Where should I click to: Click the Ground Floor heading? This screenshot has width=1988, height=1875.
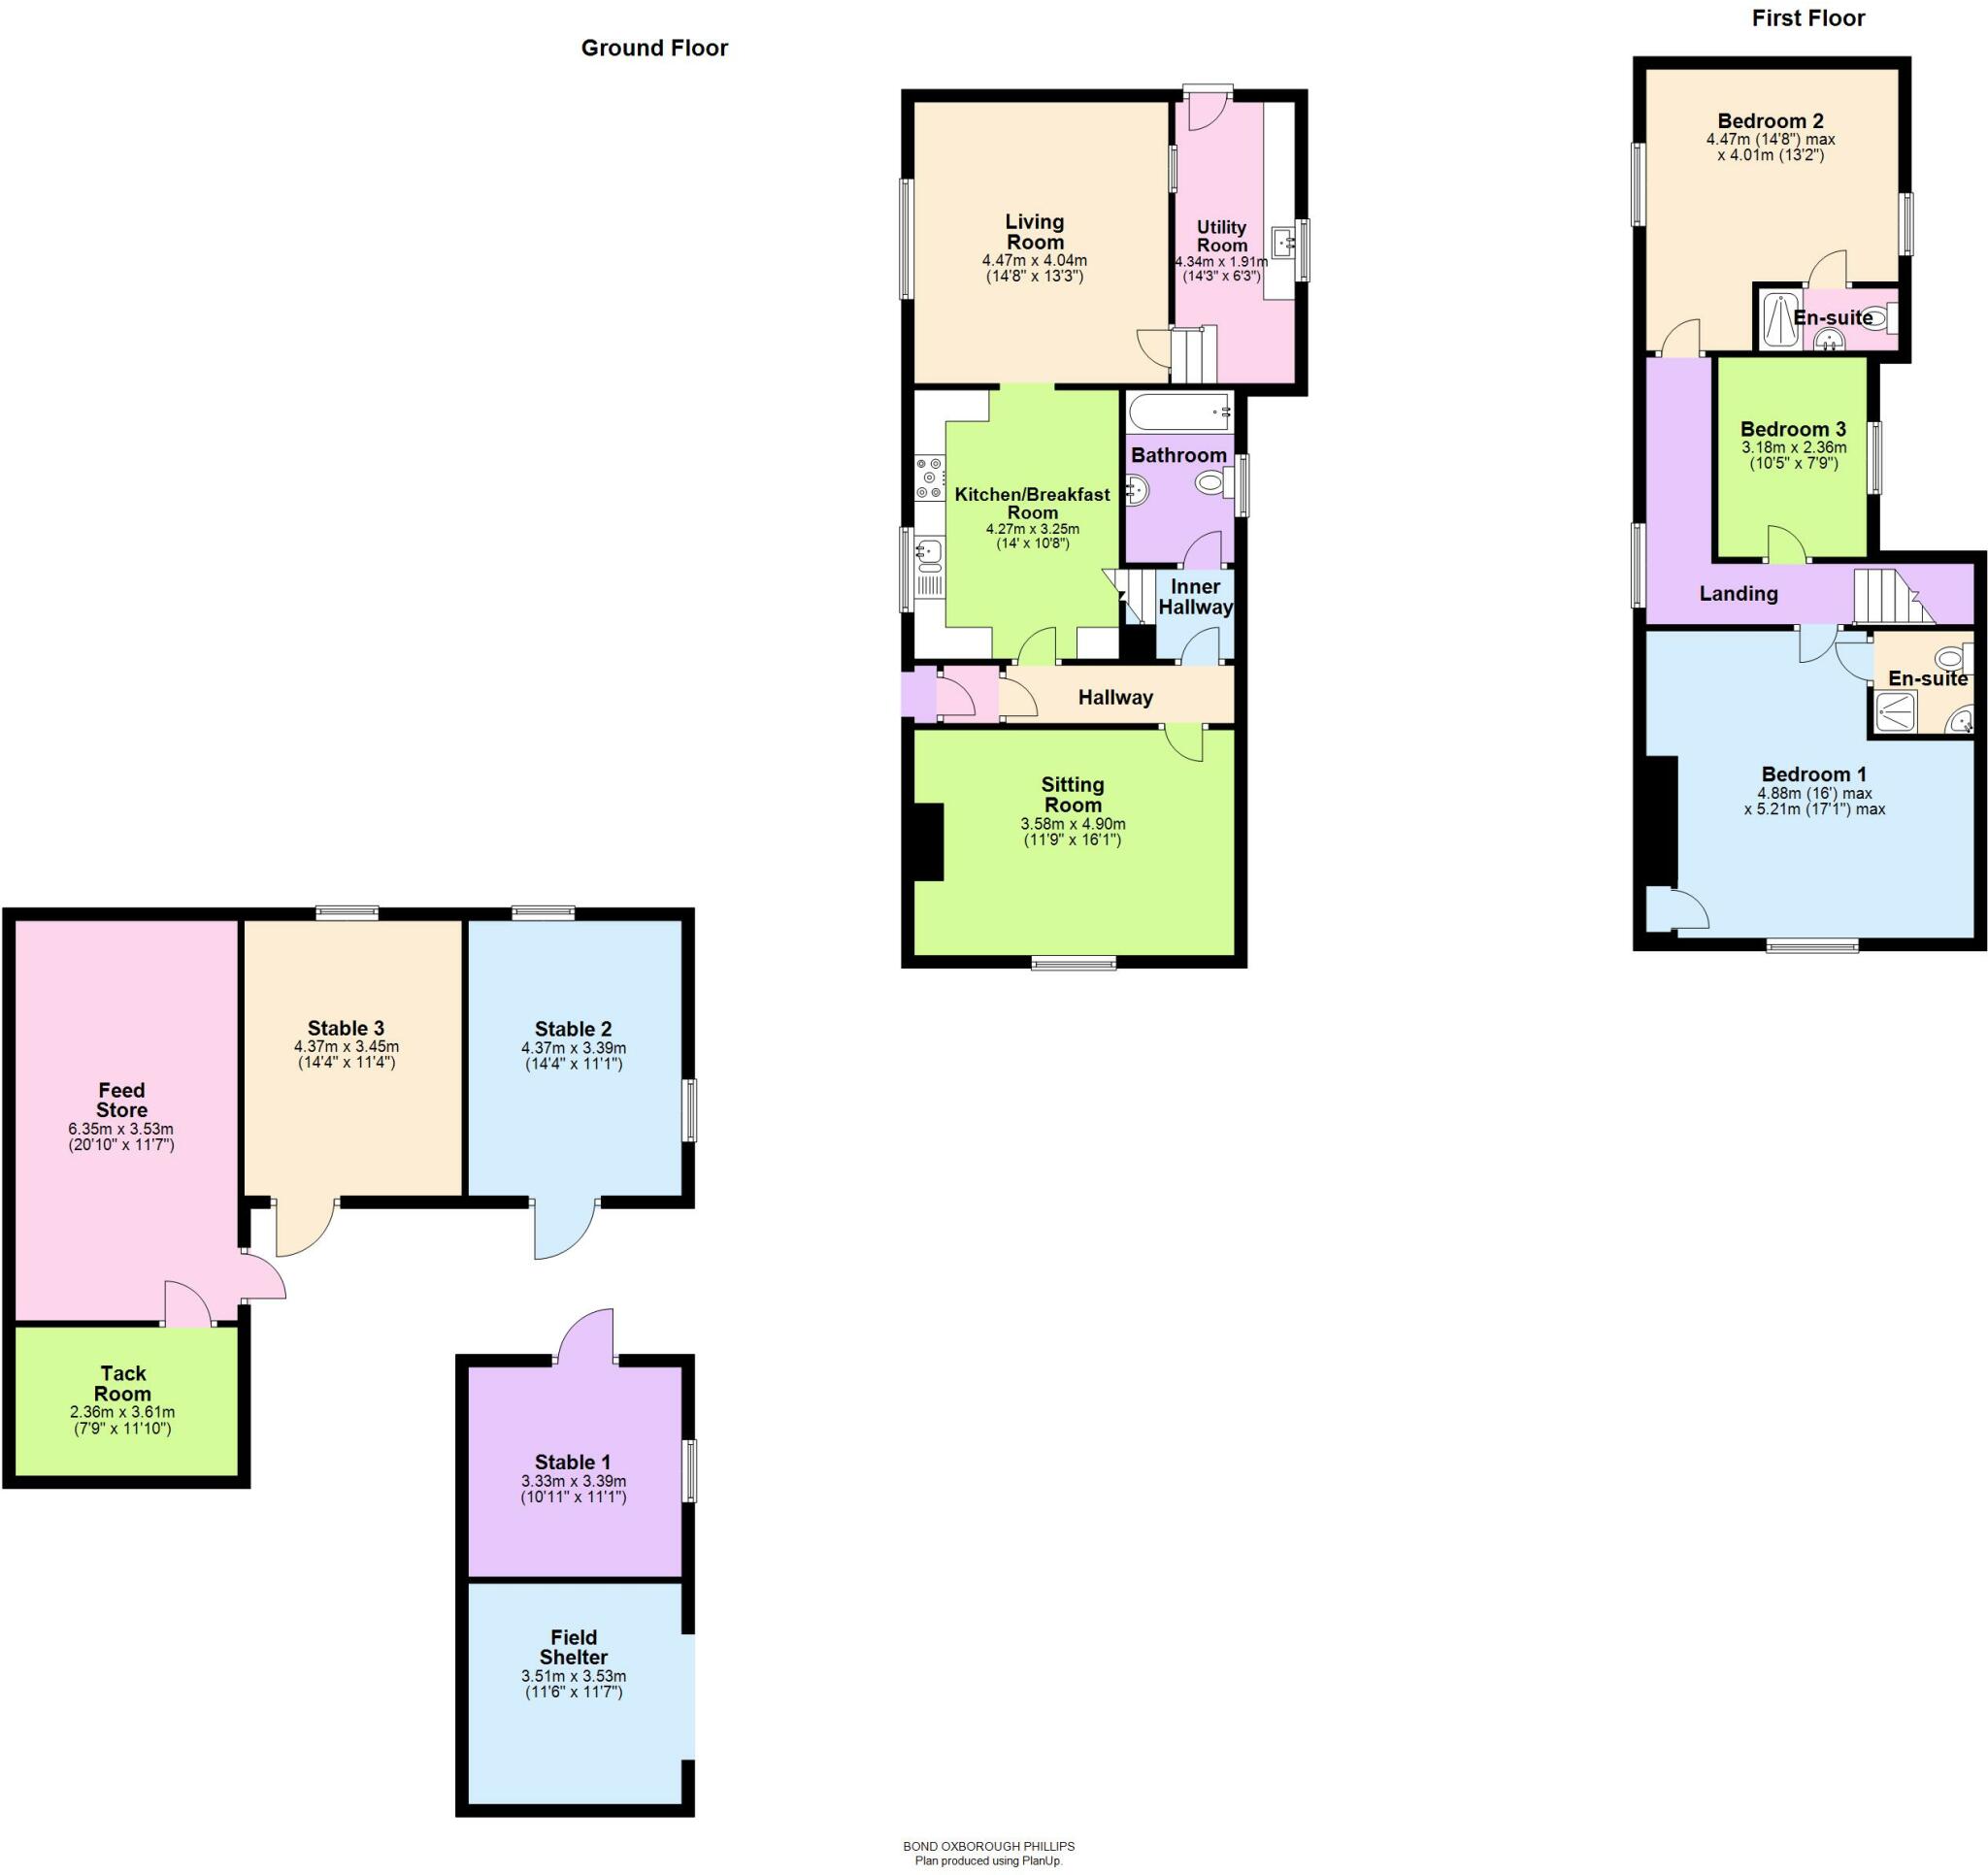(x=654, y=48)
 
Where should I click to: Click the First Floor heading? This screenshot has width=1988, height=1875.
(x=1808, y=18)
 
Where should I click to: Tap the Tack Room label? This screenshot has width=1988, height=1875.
(x=123, y=1383)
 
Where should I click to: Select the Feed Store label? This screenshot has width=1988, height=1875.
(x=121, y=1100)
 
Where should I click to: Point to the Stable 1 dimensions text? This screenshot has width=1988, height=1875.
(x=574, y=1489)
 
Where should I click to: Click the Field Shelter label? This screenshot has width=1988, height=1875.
(x=573, y=1647)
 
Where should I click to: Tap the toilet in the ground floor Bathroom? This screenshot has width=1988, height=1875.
(x=1214, y=484)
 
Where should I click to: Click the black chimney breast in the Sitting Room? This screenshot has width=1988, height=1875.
(x=929, y=842)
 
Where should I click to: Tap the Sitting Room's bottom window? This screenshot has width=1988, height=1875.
(x=1074, y=963)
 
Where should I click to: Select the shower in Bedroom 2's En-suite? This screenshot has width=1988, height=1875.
(x=1780, y=319)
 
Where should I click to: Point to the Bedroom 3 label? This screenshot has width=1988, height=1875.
(x=1793, y=429)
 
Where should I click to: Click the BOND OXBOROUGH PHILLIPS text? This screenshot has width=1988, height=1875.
(x=988, y=1846)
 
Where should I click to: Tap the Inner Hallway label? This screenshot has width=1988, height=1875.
(x=1195, y=597)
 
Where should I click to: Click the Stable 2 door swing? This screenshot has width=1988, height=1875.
(x=566, y=1229)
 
